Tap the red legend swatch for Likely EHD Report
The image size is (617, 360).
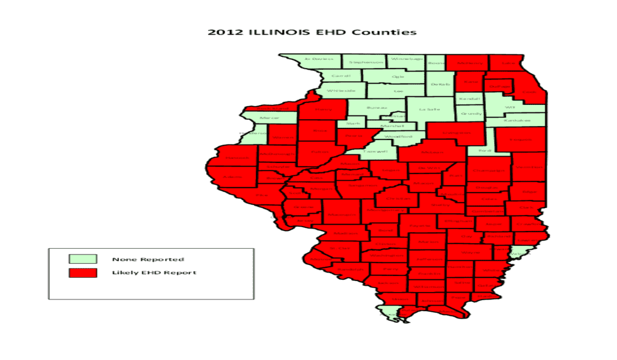click(83, 272)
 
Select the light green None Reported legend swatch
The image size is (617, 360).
click(83, 259)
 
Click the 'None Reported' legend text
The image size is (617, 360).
click(148, 259)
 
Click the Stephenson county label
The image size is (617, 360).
click(365, 62)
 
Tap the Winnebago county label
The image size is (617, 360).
click(407, 59)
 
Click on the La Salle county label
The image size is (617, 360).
click(429, 109)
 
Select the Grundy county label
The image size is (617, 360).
click(471, 114)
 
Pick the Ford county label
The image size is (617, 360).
click(484, 150)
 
